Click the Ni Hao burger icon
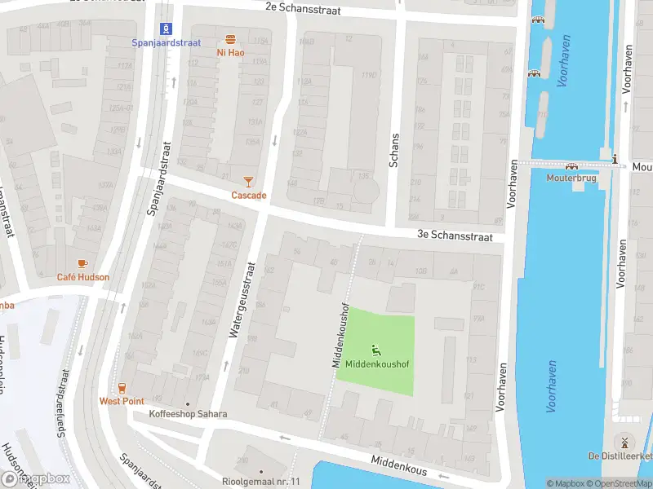[231, 39]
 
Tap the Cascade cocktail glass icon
[249, 182]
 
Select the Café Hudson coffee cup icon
[82, 263]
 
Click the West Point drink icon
[122, 388]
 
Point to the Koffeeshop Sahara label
[188, 414]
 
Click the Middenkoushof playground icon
[376, 350]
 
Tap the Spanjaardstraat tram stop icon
[167, 29]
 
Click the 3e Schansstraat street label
[455, 236]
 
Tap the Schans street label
[395, 151]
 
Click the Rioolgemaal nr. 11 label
[261, 482]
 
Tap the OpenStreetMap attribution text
[611, 483]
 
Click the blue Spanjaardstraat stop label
[167, 42]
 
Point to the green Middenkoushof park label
[376, 363]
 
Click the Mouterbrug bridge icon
[571, 165]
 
